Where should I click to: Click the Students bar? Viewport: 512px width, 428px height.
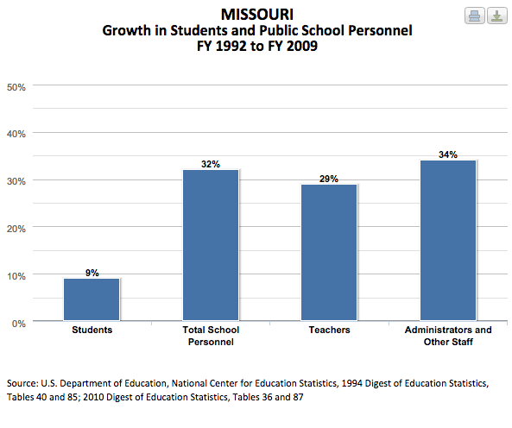point(92,299)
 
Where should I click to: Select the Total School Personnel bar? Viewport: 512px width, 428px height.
point(211,245)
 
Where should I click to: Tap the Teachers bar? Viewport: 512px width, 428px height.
point(329,252)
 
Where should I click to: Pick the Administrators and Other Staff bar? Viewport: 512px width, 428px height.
point(448,240)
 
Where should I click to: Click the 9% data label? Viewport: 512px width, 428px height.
point(92,273)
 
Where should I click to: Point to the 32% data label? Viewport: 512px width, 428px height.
point(211,164)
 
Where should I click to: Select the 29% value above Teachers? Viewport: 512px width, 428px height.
point(329,179)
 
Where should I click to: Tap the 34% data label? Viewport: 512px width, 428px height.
point(448,154)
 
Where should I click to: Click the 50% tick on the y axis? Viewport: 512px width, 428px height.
point(16,87)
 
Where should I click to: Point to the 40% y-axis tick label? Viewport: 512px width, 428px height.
point(16,134)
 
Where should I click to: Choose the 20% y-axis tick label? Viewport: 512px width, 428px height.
point(16,229)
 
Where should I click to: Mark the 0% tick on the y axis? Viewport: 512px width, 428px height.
point(19,324)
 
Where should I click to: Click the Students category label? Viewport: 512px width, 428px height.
point(92,330)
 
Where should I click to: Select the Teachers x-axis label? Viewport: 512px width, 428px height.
point(329,330)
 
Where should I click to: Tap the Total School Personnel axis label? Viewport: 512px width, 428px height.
point(211,336)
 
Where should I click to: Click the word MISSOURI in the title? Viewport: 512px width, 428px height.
point(257,15)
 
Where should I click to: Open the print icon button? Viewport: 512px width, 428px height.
point(475,16)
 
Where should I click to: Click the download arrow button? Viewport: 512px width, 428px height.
point(497,16)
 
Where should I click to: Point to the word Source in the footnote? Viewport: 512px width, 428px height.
point(22,383)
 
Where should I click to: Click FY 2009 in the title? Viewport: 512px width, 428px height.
point(293,46)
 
